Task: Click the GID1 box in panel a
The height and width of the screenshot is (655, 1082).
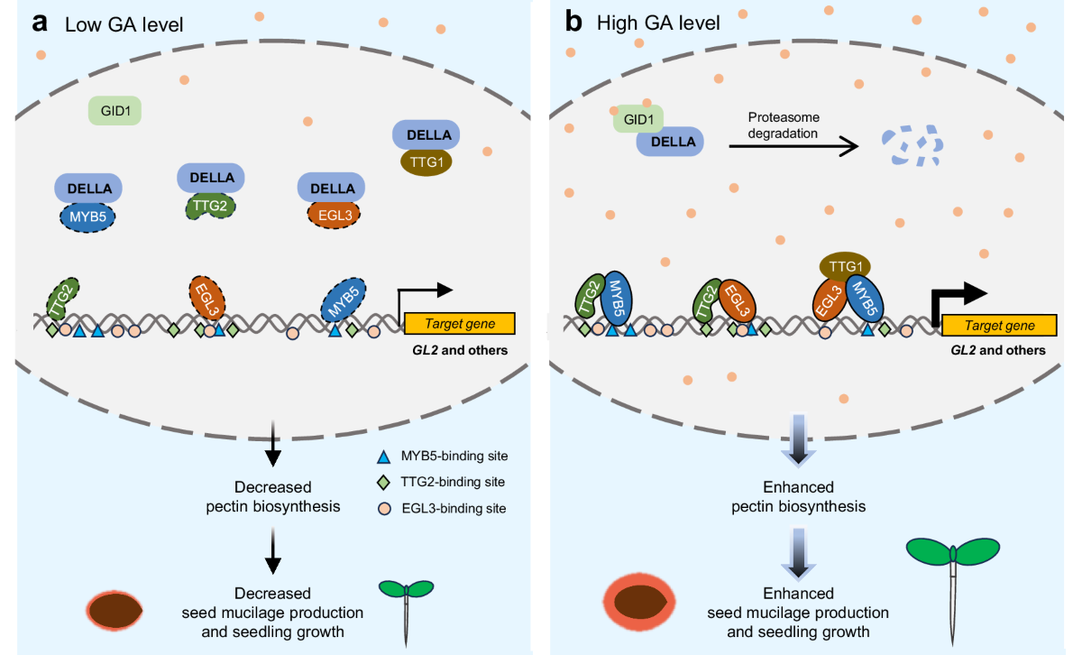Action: [x=115, y=112]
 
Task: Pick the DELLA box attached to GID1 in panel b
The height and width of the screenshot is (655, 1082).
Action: [x=670, y=142]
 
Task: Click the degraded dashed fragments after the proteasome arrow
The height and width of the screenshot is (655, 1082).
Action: [x=912, y=145]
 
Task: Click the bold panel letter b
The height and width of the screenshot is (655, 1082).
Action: [x=573, y=22]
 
